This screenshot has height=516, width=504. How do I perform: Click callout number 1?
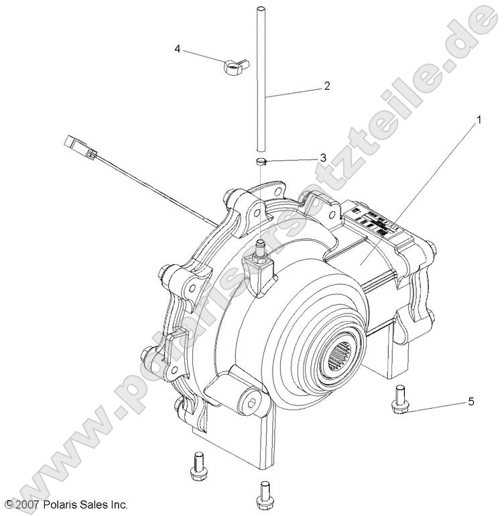point(479,120)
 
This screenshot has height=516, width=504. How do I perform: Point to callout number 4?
point(178,49)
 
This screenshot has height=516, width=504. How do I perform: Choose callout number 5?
point(470,401)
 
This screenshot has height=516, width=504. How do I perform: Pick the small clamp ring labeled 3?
point(263,161)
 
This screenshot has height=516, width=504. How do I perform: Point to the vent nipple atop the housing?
point(259,254)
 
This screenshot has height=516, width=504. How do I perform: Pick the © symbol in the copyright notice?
point(8,504)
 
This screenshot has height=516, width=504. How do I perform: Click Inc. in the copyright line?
point(118,504)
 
